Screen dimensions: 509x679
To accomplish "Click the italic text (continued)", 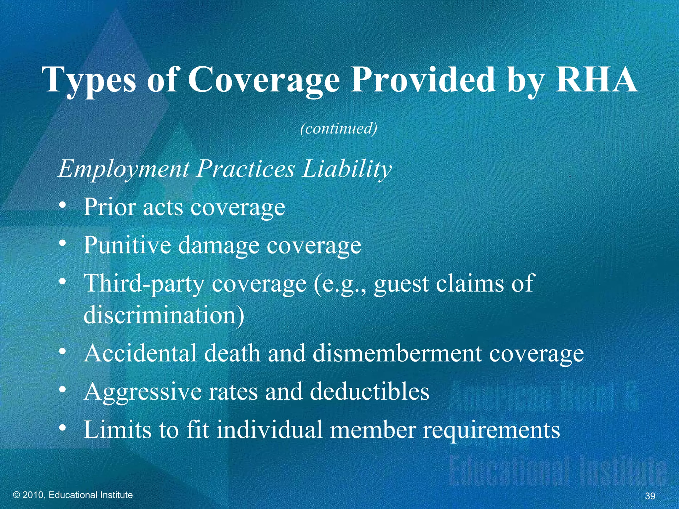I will coord(339,128).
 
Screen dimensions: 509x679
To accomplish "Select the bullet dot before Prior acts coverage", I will coord(62,207).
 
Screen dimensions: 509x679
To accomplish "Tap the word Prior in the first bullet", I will coord(110,207).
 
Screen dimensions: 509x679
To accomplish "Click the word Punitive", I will coord(127,245).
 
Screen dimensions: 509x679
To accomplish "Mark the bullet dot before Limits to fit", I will coord(62,429).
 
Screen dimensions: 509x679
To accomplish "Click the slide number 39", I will coord(650,496).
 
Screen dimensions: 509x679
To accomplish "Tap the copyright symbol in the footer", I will coord(17,495).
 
